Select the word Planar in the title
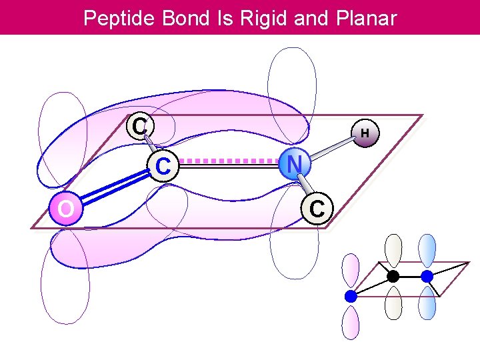[363, 18]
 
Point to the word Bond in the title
[182, 18]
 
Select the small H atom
[365, 133]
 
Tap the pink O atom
[65, 209]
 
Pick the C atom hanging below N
[317, 208]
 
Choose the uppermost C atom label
[139, 125]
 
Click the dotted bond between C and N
[229, 161]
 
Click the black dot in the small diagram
[393, 275]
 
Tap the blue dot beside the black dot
[427, 275]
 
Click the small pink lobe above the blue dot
[351, 272]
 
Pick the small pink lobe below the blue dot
[351, 323]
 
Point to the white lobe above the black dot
[394, 251]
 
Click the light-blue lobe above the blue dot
[427, 251]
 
